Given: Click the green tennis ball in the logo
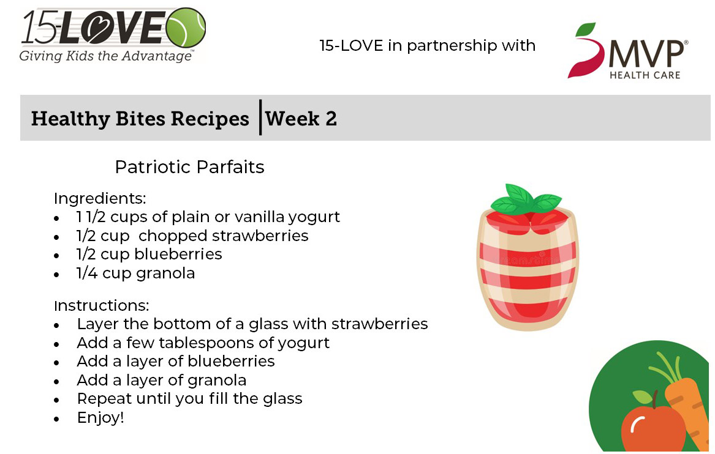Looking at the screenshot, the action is coord(186,28).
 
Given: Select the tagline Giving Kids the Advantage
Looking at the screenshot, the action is coord(106,56).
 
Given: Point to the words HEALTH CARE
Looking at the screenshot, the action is coord(645,75).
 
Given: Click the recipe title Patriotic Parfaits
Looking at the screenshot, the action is coord(190,167).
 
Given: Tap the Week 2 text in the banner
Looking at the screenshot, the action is coord(301,119).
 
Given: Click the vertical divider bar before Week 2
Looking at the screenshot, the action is coord(260,117).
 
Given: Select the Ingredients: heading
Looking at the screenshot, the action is coord(100,198).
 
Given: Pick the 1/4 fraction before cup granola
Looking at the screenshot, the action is coord(86,274).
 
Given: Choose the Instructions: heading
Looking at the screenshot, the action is coord(102,305).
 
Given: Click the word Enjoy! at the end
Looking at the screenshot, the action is coord(100,418).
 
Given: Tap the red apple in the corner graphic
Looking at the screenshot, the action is coord(653,428).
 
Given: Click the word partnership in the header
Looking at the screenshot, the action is coord(452,46).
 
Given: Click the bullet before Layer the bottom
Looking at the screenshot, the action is coord(56,326).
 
